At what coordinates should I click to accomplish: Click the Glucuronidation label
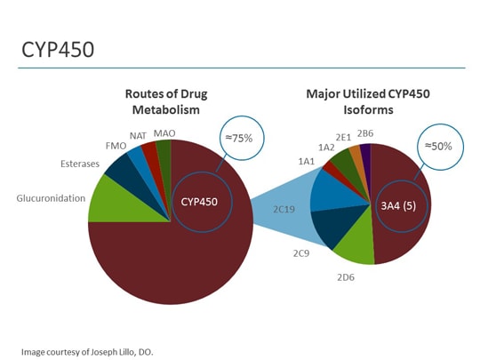51,199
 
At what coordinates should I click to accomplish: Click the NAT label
138,137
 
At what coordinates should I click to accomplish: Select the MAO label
164,133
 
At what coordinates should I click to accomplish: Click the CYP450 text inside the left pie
199,201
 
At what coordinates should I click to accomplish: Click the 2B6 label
365,133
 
